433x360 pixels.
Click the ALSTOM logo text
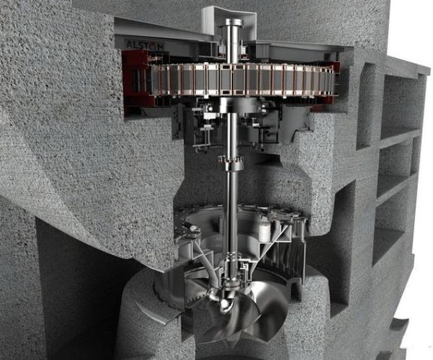point(145,45)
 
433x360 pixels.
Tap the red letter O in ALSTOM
point(152,46)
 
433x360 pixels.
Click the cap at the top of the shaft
point(232,22)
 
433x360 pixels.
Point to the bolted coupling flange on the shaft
point(231,163)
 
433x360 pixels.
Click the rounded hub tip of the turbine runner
point(224,305)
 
